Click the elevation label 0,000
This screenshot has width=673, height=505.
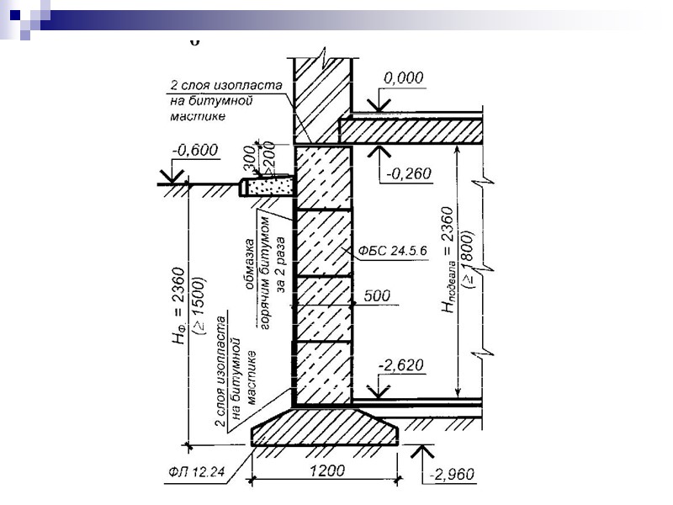405,77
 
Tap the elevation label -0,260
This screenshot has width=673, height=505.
409,174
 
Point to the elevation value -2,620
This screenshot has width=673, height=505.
401,365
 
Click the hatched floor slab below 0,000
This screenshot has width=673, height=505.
412,130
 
